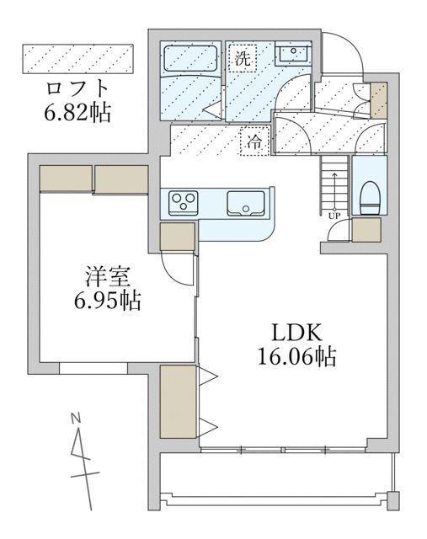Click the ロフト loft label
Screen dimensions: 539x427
click(x=77, y=88)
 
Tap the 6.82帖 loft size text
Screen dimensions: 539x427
click(x=77, y=109)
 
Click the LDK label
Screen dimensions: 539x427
click(x=296, y=331)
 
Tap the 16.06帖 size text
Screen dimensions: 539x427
click(x=296, y=357)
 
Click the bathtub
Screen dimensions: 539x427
click(x=190, y=59)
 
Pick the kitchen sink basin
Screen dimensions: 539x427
click(x=246, y=203)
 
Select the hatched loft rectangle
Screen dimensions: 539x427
click(x=78, y=58)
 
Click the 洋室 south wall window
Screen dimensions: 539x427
click(x=93, y=367)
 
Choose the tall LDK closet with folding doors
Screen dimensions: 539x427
click(x=178, y=401)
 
